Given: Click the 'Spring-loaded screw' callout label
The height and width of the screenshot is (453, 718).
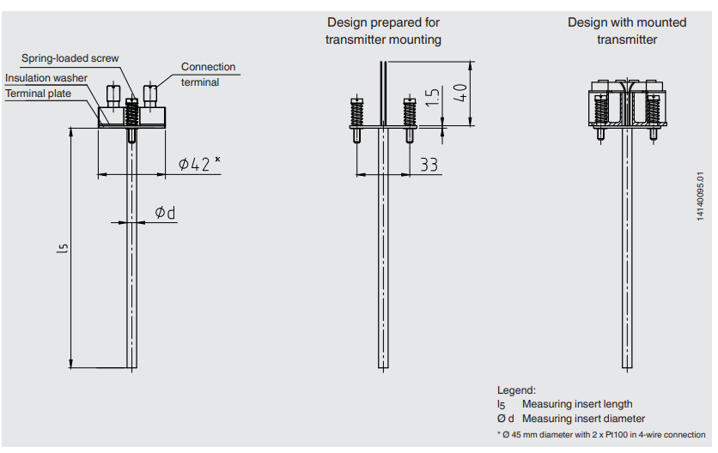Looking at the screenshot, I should pos(70,58).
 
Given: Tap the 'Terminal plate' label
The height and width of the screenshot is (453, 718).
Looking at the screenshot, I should pos(39,94).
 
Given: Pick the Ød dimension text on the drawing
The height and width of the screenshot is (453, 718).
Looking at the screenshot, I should pos(165,212).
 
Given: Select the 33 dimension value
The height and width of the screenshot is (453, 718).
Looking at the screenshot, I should pos(429,164).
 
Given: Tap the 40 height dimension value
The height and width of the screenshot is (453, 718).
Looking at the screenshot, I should pos(460,93).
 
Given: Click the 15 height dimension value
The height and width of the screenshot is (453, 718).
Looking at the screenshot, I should pos(432,99).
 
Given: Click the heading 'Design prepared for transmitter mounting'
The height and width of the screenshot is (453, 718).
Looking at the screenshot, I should pos(383,31).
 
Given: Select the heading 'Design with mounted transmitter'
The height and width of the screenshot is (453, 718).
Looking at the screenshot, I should pos(626,31).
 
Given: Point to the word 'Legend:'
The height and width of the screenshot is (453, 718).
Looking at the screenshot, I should pos(516,390).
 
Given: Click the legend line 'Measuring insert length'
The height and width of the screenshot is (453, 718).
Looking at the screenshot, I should pos(577,404).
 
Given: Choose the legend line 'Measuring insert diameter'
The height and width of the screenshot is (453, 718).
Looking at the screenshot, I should pos(583,419).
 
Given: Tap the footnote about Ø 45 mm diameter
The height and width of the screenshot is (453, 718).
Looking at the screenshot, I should pos(601,434).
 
